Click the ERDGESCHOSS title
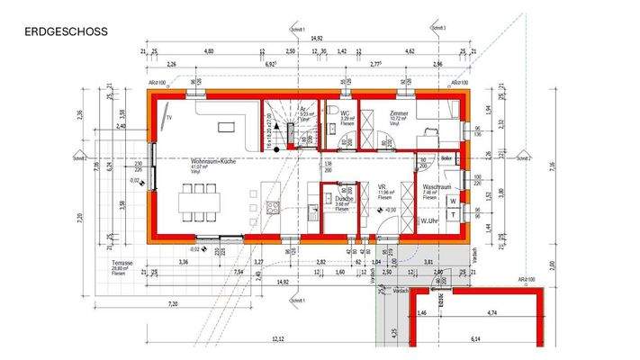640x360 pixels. click(67, 31)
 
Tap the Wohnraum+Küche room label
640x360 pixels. click(213, 161)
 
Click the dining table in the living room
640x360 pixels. click(196, 202)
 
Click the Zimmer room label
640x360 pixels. click(400, 114)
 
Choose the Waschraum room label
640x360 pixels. click(437, 187)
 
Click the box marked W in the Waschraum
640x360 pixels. click(453, 201)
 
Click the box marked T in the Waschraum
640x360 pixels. click(453, 214)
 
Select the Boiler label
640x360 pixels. click(447, 159)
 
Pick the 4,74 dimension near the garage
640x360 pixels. click(491, 312)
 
